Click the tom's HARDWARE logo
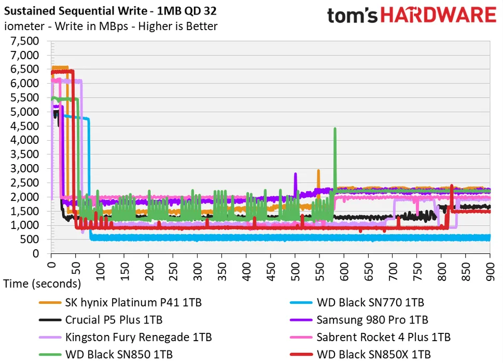point(411,15)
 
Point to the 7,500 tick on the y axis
point(24,41)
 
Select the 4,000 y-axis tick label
point(24,140)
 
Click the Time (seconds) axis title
point(42,284)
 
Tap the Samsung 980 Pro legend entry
point(372,320)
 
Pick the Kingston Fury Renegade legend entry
point(138,338)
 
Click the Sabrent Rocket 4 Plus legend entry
point(383,338)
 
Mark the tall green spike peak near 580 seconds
point(335,128)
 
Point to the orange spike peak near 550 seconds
point(318,170)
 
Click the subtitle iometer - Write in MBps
point(111,26)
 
